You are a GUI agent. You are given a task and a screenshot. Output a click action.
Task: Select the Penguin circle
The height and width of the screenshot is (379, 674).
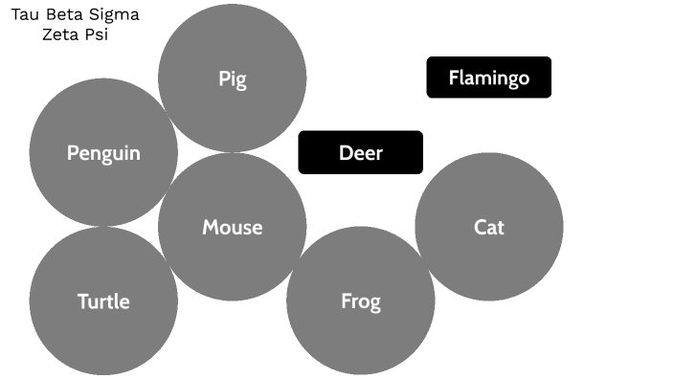point(103,177)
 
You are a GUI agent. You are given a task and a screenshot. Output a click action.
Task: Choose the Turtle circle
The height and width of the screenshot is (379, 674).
point(103,325)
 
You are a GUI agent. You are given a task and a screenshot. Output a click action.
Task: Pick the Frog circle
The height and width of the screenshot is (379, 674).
point(361,325)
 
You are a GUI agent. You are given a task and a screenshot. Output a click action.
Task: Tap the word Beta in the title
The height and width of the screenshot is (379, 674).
point(65,15)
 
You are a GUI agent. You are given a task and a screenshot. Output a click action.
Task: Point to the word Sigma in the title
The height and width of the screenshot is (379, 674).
point(115,15)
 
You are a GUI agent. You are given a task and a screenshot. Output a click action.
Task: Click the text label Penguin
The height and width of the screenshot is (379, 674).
point(103,153)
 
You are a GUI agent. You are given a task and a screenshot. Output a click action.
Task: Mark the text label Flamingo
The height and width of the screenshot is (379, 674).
point(489,78)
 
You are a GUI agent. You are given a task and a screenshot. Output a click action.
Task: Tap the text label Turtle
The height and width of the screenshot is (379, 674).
point(103,301)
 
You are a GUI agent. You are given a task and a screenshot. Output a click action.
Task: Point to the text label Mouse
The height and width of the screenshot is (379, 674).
point(232,228)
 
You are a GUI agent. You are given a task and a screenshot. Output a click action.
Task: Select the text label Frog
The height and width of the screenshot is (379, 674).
point(361,302)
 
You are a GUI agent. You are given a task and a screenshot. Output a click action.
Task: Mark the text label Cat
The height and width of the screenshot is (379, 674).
point(489,228)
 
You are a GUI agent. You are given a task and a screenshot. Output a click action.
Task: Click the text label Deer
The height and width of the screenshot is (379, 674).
point(361,152)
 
